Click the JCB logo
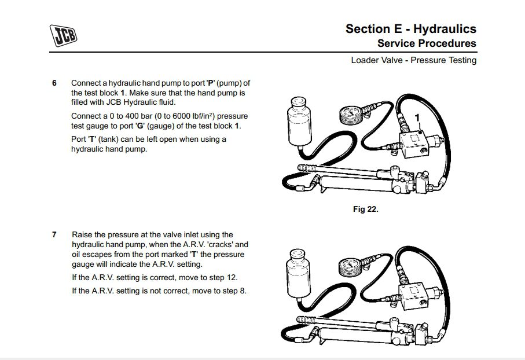pos(63,35)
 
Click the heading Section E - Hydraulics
pos(410,29)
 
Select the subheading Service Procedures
pos(427,43)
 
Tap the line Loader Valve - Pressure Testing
pos(413,60)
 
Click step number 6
pos(54,83)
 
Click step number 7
pos(54,234)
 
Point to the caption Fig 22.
pos(365,209)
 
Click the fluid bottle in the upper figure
pos(299,124)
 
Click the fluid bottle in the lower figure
pos(299,275)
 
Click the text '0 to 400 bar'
pos(132,116)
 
